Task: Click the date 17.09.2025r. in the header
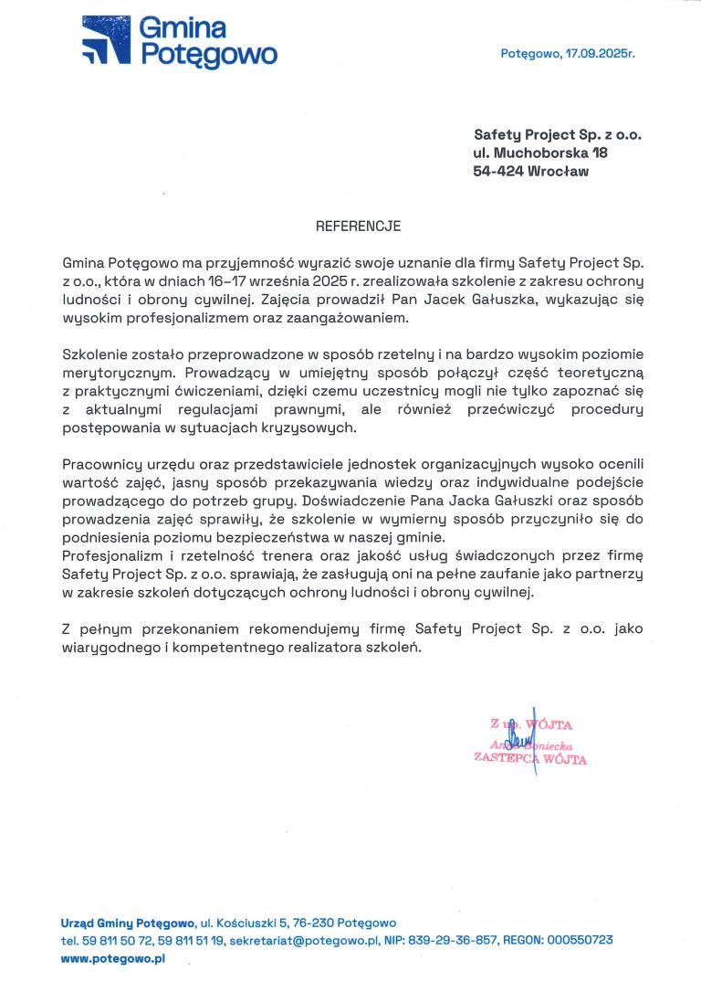tap(600, 54)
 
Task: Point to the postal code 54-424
tap(497, 171)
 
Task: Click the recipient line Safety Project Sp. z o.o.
tap(557, 134)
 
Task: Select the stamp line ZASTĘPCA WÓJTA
tap(529, 759)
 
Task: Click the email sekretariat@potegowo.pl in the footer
tap(304, 940)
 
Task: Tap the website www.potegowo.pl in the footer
tap(112, 958)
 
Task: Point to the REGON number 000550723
tap(580, 940)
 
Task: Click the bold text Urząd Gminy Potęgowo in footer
tap(128, 923)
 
